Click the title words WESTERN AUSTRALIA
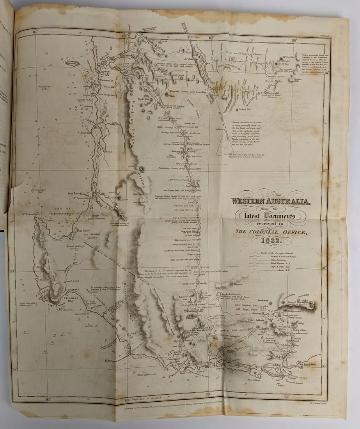(x=271, y=201)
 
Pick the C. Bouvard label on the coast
(x=85, y=132)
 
